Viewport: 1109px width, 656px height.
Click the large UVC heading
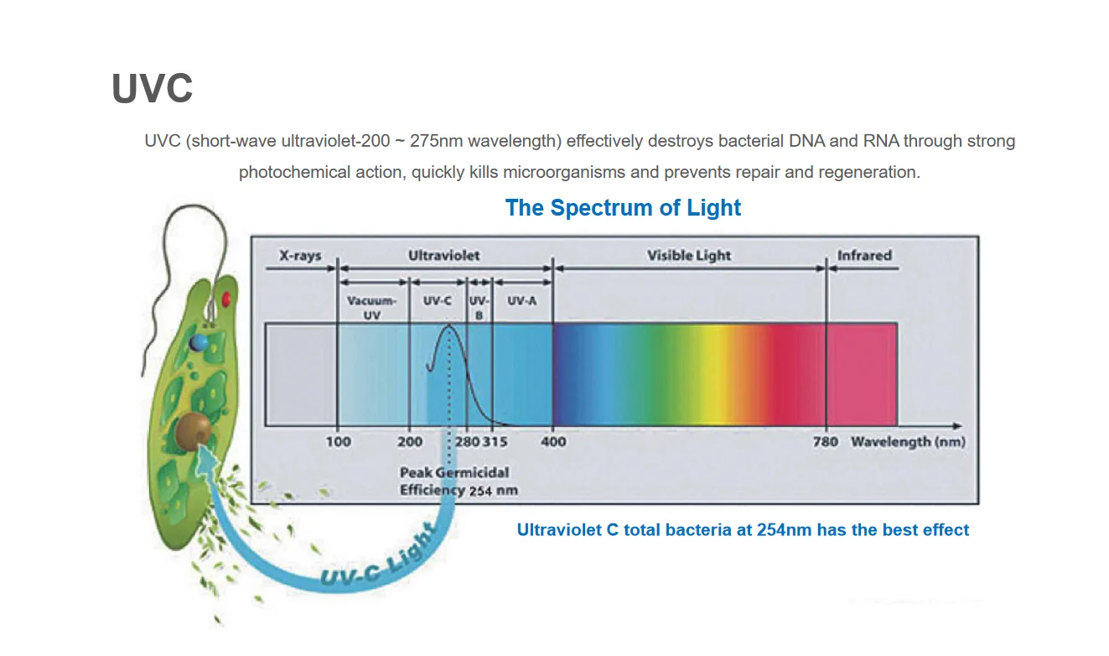[152, 88]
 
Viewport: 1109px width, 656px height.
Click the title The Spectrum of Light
[623, 207]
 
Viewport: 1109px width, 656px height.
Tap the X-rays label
[300, 255]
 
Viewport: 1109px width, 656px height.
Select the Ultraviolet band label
[443, 255]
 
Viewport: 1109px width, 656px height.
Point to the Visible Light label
[689, 255]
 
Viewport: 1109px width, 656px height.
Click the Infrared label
[863, 255]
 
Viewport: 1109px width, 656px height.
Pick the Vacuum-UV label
[371, 307]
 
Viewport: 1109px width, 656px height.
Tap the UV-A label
[521, 300]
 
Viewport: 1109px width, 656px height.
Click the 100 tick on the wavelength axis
[339, 441]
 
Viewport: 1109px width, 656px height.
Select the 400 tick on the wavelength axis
[554, 441]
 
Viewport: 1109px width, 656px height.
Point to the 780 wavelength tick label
[826, 441]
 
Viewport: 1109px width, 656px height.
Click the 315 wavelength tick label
[495, 441]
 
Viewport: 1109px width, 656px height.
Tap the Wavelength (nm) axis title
[907, 441]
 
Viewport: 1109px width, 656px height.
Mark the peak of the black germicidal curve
[449, 325]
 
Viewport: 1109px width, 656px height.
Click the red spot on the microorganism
[226, 298]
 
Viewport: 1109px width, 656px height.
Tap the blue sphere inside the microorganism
[198, 341]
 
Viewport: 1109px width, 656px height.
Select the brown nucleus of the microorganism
[194, 430]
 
